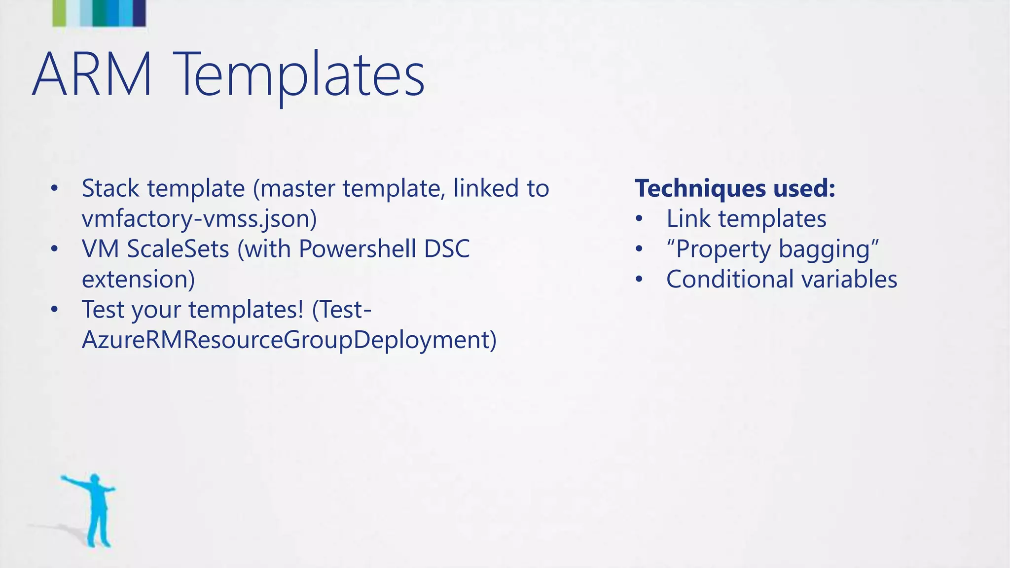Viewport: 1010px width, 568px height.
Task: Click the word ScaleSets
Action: point(178,249)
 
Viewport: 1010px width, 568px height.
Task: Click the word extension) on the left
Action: point(139,280)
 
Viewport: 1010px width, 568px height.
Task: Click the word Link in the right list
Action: point(688,219)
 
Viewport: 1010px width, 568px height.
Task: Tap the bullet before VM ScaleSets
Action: point(54,249)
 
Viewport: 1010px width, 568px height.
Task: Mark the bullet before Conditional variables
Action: point(639,280)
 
